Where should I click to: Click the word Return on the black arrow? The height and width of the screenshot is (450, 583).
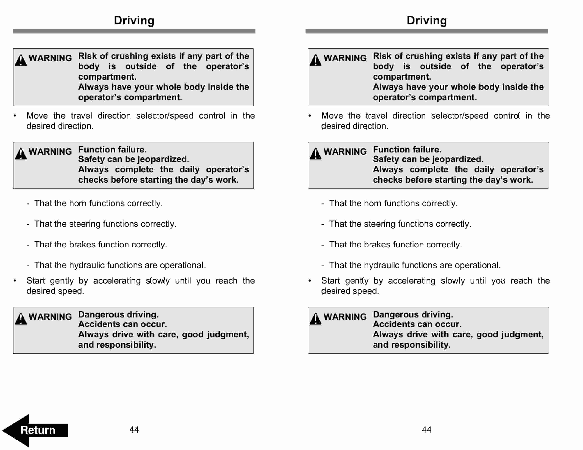point(38,430)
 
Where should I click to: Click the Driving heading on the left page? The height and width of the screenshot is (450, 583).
point(134,21)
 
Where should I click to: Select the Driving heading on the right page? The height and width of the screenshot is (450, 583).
point(427,21)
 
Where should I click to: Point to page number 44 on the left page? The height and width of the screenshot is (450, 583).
point(134,429)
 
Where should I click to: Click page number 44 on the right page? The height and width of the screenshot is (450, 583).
point(427,429)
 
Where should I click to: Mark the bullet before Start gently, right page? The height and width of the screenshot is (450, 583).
point(310,281)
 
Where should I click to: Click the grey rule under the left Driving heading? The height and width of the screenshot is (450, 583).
point(134,31)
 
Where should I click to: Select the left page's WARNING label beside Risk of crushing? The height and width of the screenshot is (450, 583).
point(50,58)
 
